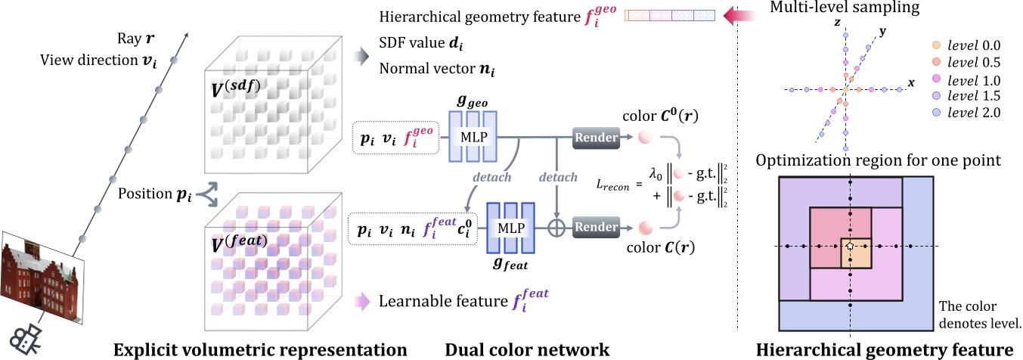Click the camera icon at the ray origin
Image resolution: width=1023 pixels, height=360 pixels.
26,338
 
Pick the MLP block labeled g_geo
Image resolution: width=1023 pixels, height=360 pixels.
473,137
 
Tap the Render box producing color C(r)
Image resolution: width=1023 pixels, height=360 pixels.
597,225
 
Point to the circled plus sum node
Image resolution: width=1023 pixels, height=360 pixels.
557,225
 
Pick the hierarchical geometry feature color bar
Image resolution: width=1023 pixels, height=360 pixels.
670,14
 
